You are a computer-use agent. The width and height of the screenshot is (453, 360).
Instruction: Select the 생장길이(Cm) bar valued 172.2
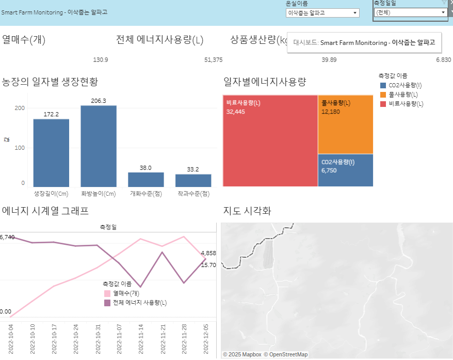click(x=51, y=152)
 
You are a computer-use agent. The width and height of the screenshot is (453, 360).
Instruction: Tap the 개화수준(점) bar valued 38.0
click(x=146, y=179)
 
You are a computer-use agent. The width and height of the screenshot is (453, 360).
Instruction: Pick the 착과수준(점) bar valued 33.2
click(x=193, y=180)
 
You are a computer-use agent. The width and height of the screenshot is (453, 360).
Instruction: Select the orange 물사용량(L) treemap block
click(x=345, y=124)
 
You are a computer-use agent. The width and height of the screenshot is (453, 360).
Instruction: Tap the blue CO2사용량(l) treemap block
click(x=345, y=170)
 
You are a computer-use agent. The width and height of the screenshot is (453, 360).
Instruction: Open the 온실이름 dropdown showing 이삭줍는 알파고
click(x=322, y=13)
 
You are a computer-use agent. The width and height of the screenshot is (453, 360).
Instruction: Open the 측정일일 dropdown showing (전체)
click(x=410, y=12)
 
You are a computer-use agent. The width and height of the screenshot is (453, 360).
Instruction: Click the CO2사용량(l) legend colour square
click(x=382, y=85)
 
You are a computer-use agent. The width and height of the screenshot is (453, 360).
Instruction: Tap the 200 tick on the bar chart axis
click(x=20, y=108)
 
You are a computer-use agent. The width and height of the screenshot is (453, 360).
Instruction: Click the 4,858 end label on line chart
click(x=208, y=254)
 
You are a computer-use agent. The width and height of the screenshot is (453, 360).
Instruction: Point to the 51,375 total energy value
click(x=213, y=60)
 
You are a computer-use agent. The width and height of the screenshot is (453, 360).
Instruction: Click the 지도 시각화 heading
click(x=247, y=211)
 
